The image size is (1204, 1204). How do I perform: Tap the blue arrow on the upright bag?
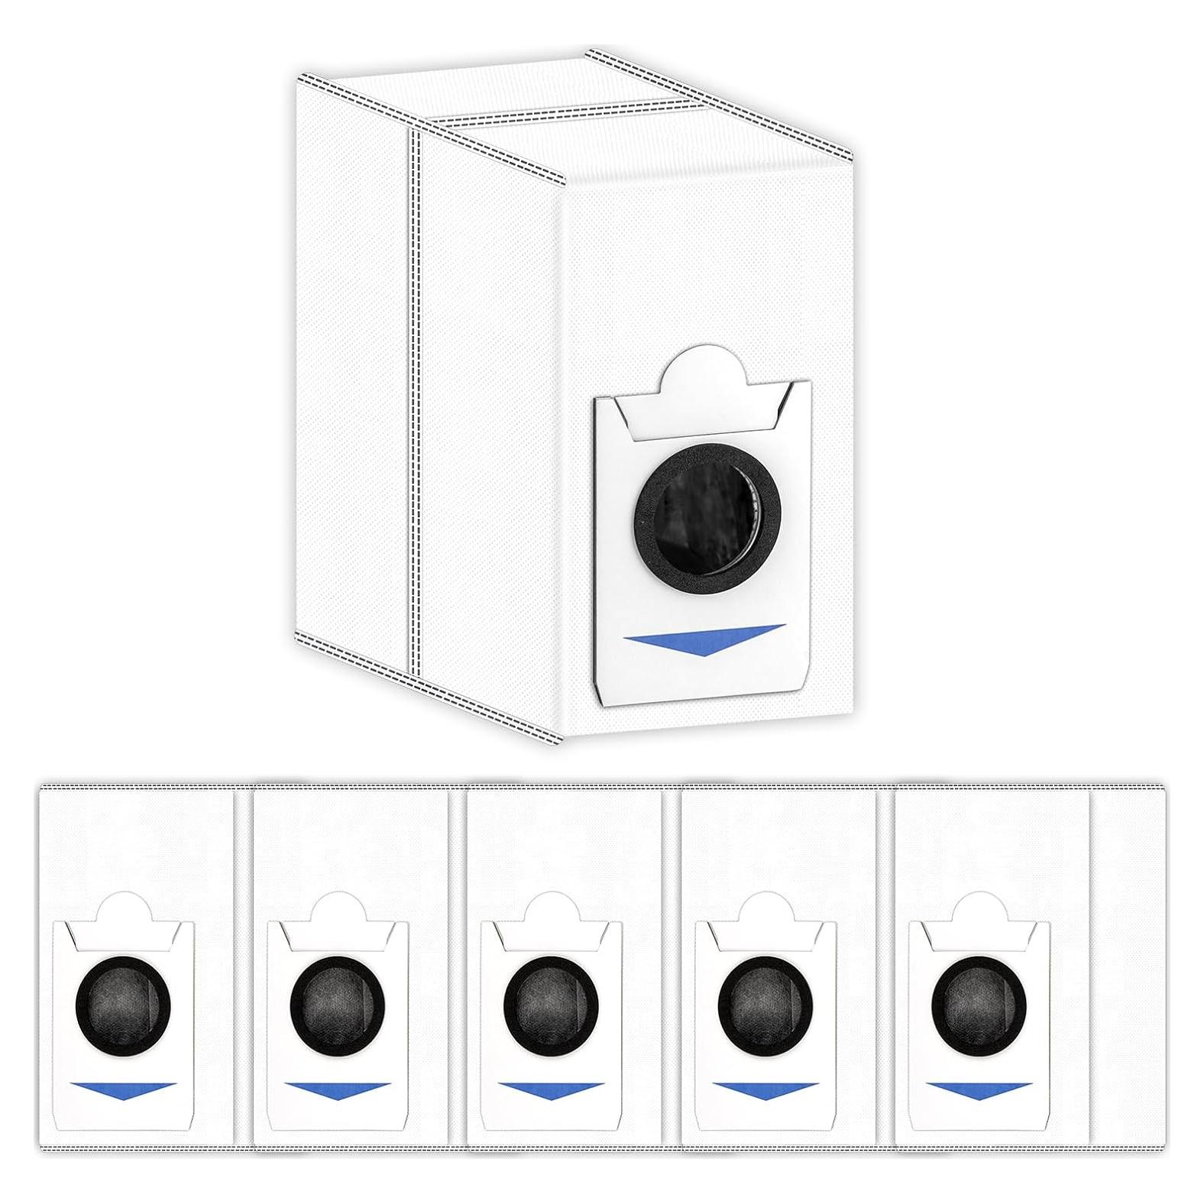(x=704, y=639)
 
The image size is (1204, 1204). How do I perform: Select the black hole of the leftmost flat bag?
(x=123, y=1002)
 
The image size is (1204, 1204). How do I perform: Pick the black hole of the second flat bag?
(x=337, y=1002)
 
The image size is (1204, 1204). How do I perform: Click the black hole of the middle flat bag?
(x=551, y=1002)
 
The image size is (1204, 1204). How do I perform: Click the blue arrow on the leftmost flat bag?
(x=123, y=1089)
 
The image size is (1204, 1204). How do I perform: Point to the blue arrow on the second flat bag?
(x=337, y=1089)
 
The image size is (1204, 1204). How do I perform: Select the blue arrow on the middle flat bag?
(x=551, y=1089)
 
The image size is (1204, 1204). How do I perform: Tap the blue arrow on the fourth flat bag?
(x=765, y=1089)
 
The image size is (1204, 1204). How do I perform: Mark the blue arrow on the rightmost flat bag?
(x=979, y=1089)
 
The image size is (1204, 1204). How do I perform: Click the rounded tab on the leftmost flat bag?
(x=123, y=911)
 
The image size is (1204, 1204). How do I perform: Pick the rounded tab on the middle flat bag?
(x=551, y=911)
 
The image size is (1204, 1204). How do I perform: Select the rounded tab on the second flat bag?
(x=337, y=911)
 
